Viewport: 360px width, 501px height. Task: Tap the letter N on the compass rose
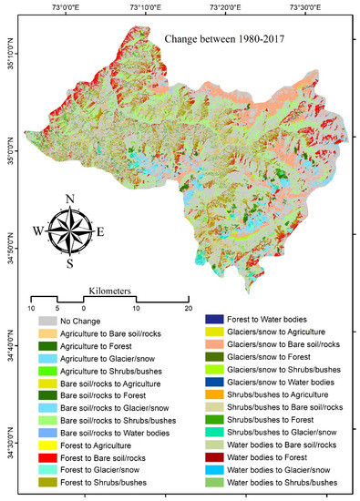pyautogui.click(x=70, y=198)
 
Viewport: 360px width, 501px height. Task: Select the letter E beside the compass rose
pyautogui.click(x=100, y=231)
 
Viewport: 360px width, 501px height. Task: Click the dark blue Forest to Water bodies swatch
pyautogui.click(x=216, y=320)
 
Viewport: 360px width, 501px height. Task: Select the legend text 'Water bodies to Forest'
pyautogui.click(x=283, y=455)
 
